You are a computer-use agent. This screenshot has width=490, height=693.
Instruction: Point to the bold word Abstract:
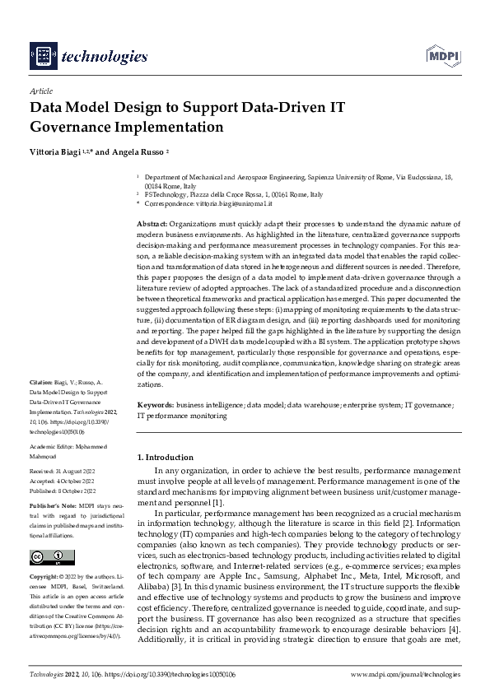152,224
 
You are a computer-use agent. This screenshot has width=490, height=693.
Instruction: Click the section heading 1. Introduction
165,457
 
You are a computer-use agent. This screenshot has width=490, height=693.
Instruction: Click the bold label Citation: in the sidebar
40,383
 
